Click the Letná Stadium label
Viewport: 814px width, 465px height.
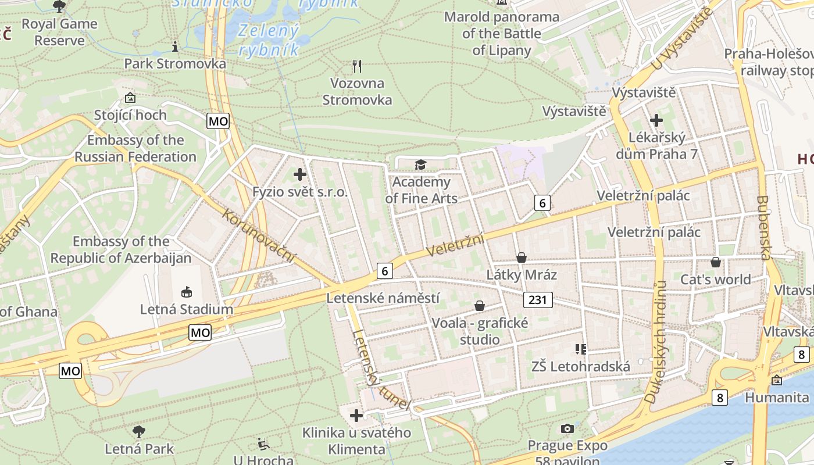click(186, 309)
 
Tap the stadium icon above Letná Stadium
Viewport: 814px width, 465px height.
click(187, 292)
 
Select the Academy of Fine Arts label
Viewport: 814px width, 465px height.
click(421, 190)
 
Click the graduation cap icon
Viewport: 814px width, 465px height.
click(420, 166)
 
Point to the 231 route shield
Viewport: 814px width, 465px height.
click(538, 300)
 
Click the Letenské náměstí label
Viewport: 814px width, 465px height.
click(383, 298)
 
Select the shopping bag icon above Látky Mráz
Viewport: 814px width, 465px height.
click(522, 257)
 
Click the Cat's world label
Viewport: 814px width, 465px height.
click(716, 280)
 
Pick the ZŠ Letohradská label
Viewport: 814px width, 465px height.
click(580, 367)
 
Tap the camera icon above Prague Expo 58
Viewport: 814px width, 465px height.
click(567, 429)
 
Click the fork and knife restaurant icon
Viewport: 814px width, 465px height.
click(357, 66)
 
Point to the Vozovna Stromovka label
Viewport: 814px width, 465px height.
click(357, 91)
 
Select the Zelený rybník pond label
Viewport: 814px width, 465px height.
click(269, 40)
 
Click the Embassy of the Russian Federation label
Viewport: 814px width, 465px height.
click(135, 148)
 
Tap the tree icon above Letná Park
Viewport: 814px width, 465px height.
click(139, 432)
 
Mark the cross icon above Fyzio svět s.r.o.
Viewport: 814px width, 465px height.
click(300, 174)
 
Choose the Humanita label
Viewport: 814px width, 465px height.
click(777, 398)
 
